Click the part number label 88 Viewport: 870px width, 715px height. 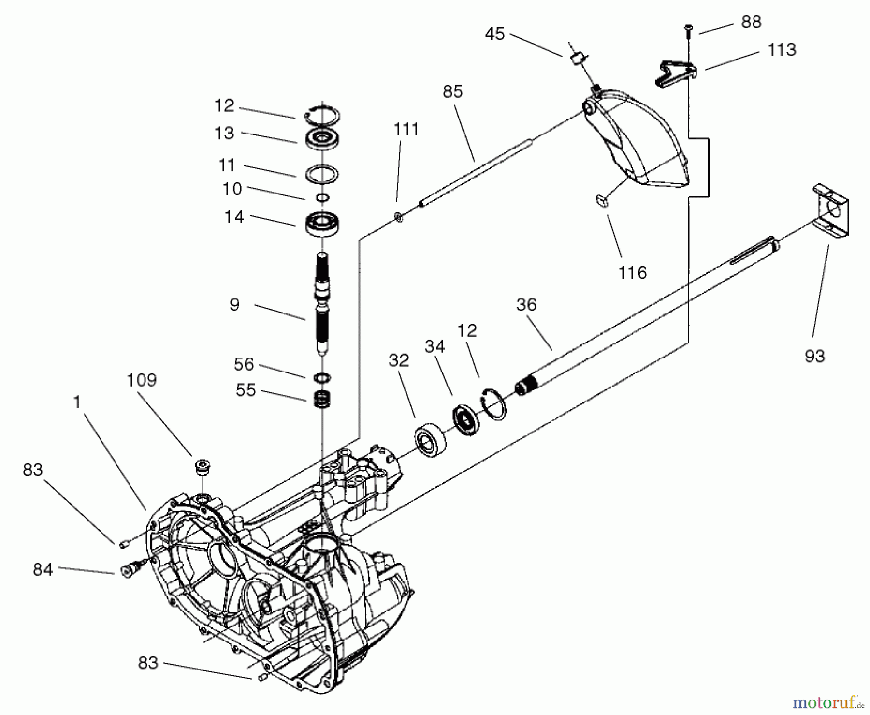point(751,22)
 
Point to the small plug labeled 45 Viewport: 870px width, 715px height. point(578,59)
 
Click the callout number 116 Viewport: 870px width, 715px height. point(633,273)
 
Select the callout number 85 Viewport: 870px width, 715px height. point(452,91)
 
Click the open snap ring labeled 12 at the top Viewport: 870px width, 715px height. point(323,115)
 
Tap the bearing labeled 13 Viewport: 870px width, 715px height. point(322,139)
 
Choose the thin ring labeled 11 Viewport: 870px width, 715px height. point(322,174)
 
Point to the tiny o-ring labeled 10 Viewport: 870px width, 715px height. point(322,197)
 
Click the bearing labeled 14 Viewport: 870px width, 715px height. point(322,224)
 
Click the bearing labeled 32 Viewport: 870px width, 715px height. point(429,439)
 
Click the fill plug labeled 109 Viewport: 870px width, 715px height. point(203,468)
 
